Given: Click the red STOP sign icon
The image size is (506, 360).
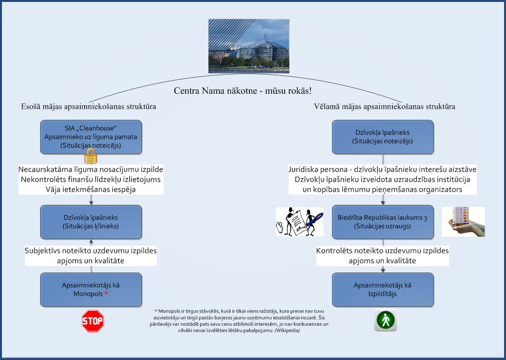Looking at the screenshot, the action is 93,321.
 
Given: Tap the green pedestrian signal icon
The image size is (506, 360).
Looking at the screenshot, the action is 385,320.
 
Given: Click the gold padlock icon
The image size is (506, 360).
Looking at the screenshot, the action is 91,156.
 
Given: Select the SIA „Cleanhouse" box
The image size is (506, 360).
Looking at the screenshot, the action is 91,137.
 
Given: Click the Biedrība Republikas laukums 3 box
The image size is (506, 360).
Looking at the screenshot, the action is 383,222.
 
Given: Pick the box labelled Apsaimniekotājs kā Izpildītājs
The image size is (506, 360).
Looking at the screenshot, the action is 383,289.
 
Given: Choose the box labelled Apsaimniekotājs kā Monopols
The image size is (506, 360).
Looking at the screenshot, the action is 91,289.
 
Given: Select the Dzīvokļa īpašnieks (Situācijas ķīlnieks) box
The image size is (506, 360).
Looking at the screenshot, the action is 91,222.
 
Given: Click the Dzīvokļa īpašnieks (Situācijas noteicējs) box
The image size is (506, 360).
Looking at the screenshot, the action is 383,137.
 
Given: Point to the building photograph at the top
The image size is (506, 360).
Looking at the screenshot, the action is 249,46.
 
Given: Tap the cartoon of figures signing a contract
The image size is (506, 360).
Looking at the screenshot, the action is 300,222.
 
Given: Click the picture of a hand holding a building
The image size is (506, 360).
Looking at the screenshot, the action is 463,222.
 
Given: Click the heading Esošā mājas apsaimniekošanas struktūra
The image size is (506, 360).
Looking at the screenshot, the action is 88,106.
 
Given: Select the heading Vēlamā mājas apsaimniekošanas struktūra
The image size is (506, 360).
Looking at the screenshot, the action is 385,106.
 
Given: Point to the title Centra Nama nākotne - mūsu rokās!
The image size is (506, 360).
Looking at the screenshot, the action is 243,91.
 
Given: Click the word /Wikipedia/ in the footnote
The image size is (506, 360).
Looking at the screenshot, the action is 287,331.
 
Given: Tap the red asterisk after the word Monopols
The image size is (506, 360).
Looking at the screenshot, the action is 106,293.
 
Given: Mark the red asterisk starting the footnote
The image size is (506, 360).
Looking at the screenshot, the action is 156,311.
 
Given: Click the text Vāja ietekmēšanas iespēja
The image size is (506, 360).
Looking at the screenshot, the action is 91,189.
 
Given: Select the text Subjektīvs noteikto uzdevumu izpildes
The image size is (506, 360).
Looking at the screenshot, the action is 91,251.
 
